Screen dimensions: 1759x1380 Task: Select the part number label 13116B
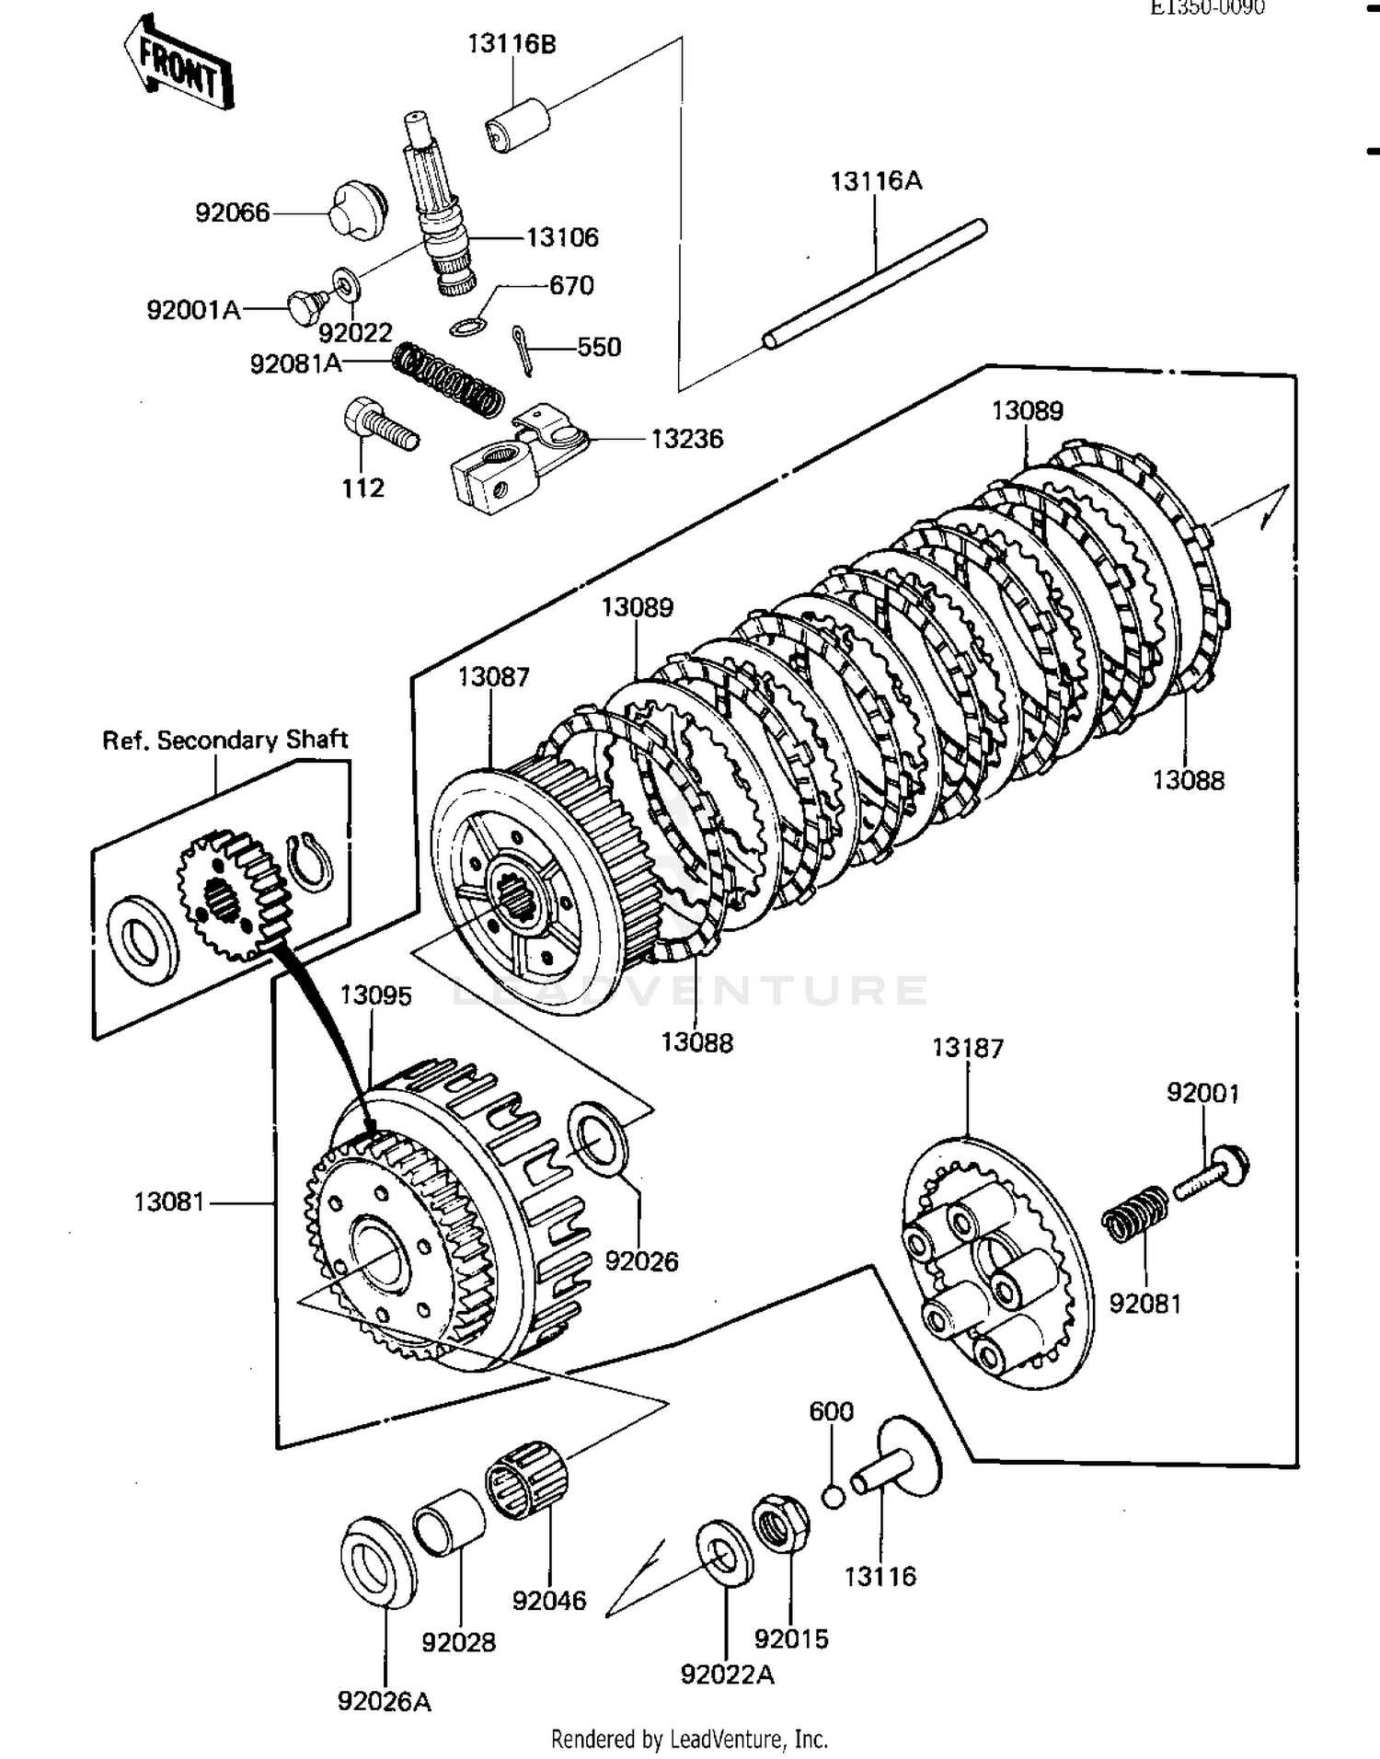click(512, 44)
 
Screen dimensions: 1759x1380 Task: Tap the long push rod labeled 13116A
click(874, 284)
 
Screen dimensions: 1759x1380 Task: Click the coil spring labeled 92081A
click(448, 377)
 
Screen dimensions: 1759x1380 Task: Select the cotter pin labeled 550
click(523, 350)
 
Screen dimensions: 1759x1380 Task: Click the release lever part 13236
click(515, 457)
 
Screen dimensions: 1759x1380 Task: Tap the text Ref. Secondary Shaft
click(224, 741)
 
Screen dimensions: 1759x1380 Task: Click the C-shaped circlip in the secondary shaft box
click(310, 862)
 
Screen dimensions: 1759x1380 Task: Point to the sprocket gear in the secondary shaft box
click(231, 893)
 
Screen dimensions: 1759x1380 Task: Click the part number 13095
click(375, 995)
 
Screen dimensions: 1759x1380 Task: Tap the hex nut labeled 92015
click(780, 1523)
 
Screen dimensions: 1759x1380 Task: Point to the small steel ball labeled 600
click(833, 1497)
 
